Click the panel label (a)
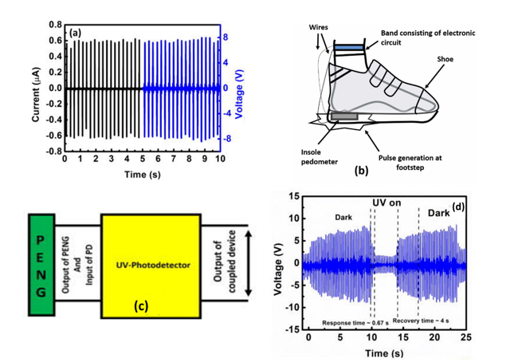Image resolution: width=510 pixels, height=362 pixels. pos(76,33)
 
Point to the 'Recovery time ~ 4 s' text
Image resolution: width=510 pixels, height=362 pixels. pos(427,321)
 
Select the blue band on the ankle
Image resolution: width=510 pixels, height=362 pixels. pos(348,49)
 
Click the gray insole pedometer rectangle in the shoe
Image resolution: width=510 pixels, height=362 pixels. pos(343,116)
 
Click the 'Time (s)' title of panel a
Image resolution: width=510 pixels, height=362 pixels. pos(144,174)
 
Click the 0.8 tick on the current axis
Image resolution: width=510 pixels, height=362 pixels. pos(53,25)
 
